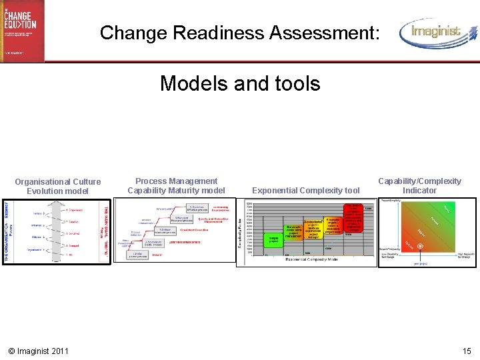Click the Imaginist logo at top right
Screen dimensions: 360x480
pyautogui.click(x=437, y=33)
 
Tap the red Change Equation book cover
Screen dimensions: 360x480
pyautogui.click(x=22, y=30)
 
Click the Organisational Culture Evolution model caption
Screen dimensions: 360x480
pyautogui.click(x=58, y=186)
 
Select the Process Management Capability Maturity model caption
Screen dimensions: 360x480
pyautogui.click(x=176, y=185)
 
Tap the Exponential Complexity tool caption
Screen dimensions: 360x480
pyautogui.click(x=306, y=191)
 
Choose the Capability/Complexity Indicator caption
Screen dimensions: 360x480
pyautogui.click(x=419, y=185)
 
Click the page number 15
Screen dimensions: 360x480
pyautogui.click(x=466, y=351)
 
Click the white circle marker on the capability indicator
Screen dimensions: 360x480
pyautogui.click(x=401, y=246)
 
